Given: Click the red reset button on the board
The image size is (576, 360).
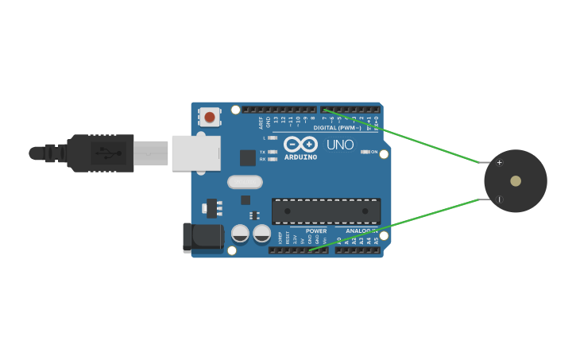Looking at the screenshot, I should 210,118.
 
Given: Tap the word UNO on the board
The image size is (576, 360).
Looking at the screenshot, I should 339,145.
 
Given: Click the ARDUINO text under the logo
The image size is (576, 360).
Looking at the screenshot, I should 300,157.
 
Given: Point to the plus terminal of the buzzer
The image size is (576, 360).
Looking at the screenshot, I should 499,163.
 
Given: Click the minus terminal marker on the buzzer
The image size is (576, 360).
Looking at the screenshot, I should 499,199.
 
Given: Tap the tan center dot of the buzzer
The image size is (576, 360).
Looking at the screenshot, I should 516,181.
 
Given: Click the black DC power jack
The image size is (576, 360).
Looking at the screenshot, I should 203,238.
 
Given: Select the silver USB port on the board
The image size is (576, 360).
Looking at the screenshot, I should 195,153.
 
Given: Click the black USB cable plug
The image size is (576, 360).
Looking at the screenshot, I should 99,153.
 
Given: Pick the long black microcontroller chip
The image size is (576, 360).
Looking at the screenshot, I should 326,211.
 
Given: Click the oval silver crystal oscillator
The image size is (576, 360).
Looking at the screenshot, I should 245,182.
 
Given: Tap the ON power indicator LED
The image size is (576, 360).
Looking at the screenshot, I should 365,152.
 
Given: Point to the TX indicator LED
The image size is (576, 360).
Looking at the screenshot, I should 273,151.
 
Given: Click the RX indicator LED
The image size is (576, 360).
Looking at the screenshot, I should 273,159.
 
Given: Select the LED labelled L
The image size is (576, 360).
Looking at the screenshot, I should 273,137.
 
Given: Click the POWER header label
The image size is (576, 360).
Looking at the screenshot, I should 316,231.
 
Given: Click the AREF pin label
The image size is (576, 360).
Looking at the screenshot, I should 261,122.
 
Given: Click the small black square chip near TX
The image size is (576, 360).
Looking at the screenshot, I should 248,157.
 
